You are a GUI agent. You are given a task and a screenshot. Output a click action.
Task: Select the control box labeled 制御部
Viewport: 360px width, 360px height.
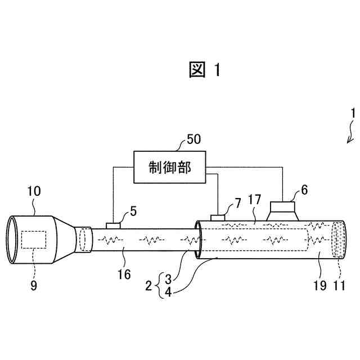coord(170,167)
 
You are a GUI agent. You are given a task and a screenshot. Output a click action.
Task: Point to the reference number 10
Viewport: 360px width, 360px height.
coord(33,192)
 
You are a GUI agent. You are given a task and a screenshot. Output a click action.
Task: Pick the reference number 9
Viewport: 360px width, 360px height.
coord(34,286)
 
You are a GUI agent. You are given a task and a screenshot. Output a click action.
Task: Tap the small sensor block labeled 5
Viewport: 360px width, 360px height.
coord(113,225)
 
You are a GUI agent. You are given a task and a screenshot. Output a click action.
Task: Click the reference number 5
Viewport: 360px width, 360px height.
coord(133,211)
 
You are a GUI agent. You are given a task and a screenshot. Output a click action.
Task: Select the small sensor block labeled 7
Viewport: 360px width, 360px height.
coord(218,217)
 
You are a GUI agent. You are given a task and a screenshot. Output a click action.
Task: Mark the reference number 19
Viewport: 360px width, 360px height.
coord(320,285)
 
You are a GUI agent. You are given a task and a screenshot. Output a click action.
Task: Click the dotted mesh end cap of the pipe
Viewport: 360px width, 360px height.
coord(339,238)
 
